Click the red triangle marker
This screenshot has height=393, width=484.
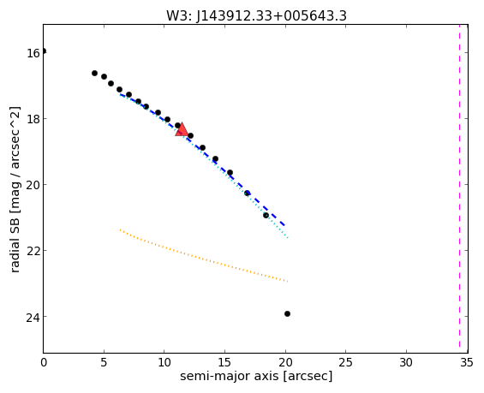[x=182, y=129]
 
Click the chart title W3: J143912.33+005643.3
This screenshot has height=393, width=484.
[x=256, y=15]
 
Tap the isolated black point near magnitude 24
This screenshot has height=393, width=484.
[x=287, y=313]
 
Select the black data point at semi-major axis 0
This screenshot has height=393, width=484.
[x=44, y=51]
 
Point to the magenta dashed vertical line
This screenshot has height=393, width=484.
[x=459, y=188]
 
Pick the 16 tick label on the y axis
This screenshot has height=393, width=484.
[x=33, y=53]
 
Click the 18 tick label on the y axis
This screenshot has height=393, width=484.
[x=33, y=119]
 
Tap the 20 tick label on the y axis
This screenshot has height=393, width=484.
[x=33, y=185]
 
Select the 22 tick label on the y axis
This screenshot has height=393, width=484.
[x=33, y=251]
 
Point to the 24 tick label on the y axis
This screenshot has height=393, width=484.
[x=33, y=317]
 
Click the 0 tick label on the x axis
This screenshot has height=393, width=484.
[x=44, y=363]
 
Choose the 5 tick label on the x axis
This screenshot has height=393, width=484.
[x=104, y=363]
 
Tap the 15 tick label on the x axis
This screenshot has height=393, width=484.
[x=224, y=363]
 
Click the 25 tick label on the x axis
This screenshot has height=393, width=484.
[x=346, y=363]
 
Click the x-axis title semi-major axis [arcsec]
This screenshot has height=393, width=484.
[x=256, y=377]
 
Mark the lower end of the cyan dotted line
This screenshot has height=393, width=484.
[x=288, y=238]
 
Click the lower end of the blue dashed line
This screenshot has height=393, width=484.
[x=284, y=226]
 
